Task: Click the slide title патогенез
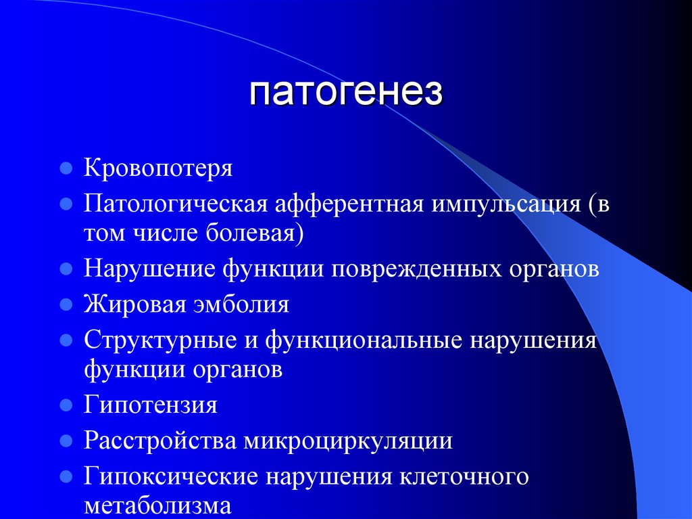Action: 346,93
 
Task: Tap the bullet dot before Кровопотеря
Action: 66,168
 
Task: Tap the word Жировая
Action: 134,304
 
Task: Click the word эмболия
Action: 241,304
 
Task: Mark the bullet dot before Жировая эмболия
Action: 66,304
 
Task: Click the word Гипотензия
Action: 150,405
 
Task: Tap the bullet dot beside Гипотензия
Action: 66,406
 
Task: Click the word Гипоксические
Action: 170,476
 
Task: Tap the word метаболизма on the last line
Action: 158,506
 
